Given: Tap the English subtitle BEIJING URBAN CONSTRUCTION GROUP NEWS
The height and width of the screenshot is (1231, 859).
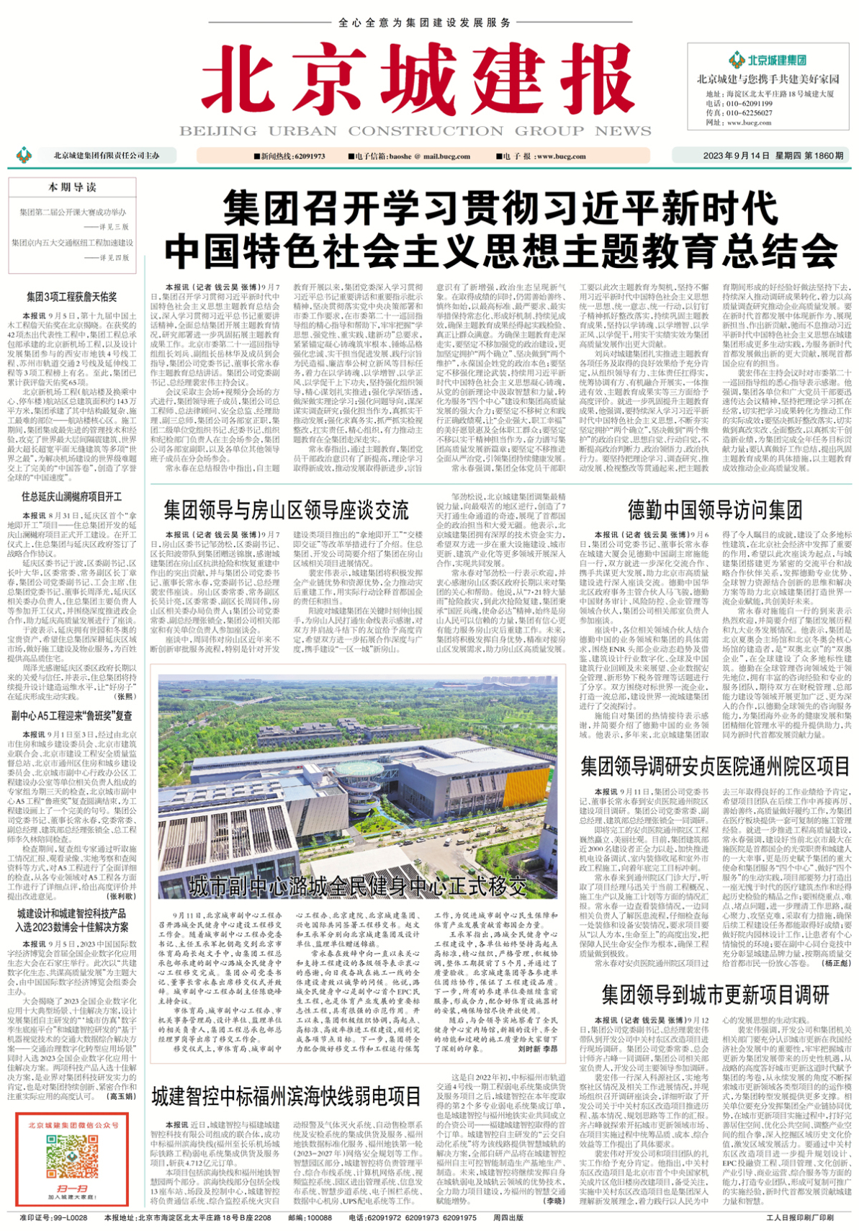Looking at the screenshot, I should coord(415,131).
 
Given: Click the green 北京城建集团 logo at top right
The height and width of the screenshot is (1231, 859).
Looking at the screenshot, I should coord(768,61).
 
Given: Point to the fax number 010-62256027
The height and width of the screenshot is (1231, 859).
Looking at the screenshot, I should coord(739,113).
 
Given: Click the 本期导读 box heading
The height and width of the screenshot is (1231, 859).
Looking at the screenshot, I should coord(72,187).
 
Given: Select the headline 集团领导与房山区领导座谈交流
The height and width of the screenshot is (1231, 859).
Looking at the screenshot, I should coord(286,510).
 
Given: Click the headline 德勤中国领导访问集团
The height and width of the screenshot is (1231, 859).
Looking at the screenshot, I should coord(714,510).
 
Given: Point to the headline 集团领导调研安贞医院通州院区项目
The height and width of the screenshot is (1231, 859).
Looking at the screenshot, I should coord(715,766).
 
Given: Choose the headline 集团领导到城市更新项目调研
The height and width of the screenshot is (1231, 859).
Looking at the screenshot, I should coord(715,995).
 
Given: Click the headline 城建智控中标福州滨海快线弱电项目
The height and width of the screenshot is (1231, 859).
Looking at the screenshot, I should coord(286,1097).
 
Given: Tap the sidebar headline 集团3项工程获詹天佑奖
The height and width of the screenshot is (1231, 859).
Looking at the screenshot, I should coord(72,297).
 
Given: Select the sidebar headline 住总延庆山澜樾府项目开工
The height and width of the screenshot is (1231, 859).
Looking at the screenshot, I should coord(72,497).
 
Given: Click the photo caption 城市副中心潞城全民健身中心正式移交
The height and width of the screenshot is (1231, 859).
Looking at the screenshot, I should coord(358,886).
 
